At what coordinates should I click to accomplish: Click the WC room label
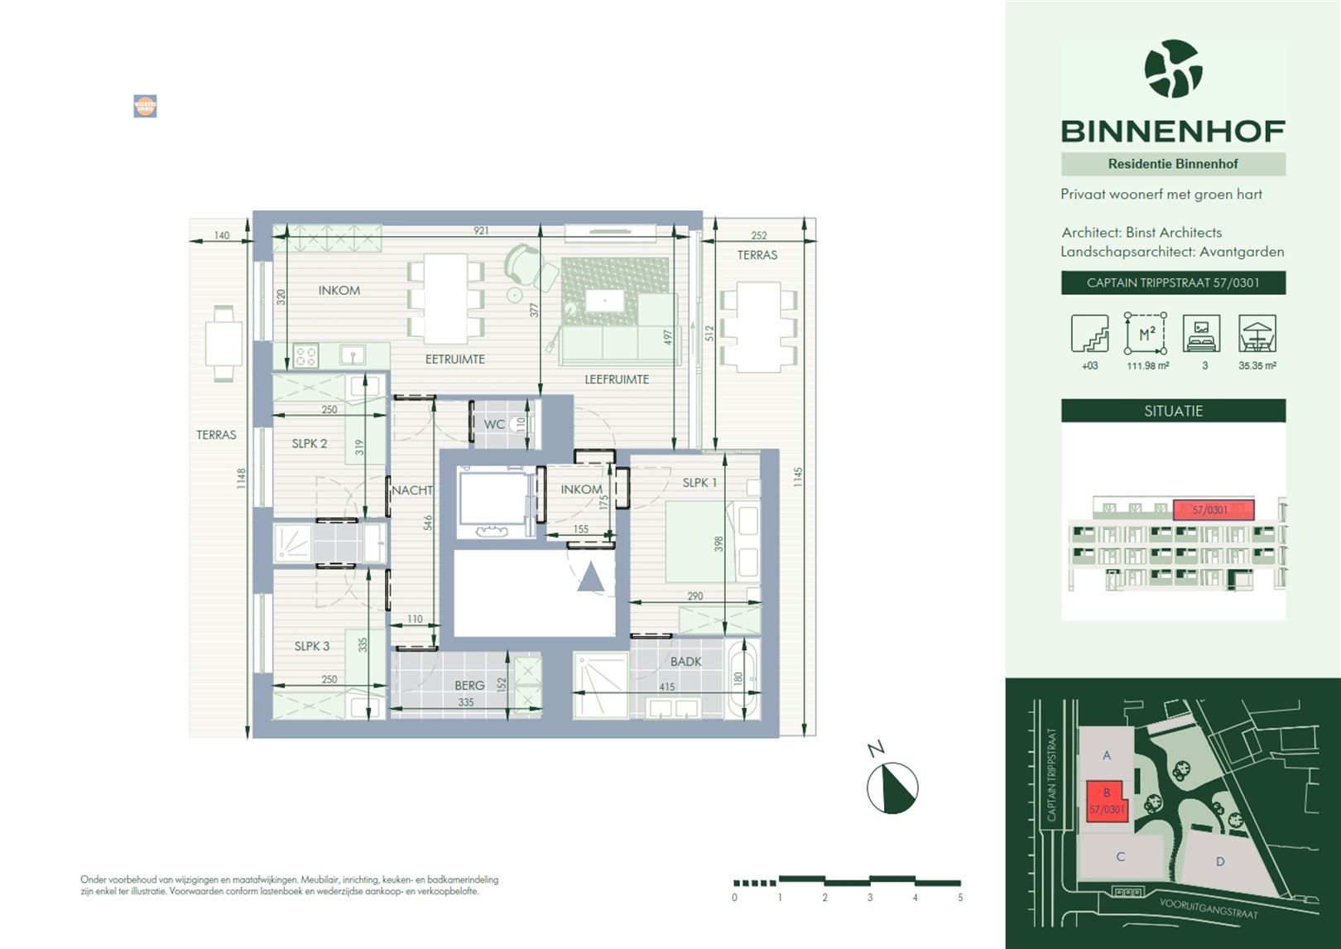pos(494,425)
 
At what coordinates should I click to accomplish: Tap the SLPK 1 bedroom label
pos(699,483)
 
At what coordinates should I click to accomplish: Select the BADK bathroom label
pos(685,662)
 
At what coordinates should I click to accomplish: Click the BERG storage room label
pos(469,686)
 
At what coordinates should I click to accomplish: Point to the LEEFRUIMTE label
pos(617,379)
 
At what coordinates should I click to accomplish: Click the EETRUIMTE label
pos(454,359)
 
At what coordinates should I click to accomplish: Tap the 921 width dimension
pos(481,231)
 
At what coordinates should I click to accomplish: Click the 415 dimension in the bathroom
pos(666,686)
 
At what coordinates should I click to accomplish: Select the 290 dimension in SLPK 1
pos(695,596)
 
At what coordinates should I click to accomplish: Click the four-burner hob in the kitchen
pos(305,356)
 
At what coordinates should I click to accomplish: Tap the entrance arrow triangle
pos(591,577)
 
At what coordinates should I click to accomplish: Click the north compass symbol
pos(892,787)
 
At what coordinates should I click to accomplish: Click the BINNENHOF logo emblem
pos(1173,69)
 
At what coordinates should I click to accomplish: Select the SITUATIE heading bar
pos(1173,411)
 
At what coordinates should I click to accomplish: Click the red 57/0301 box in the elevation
pos(1214,510)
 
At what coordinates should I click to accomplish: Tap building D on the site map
pos(1220,861)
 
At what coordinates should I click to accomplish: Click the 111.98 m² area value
pos(1147,365)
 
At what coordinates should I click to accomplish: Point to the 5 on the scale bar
pos(960,898)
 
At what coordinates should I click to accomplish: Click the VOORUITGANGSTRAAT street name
pos(1209,908)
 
